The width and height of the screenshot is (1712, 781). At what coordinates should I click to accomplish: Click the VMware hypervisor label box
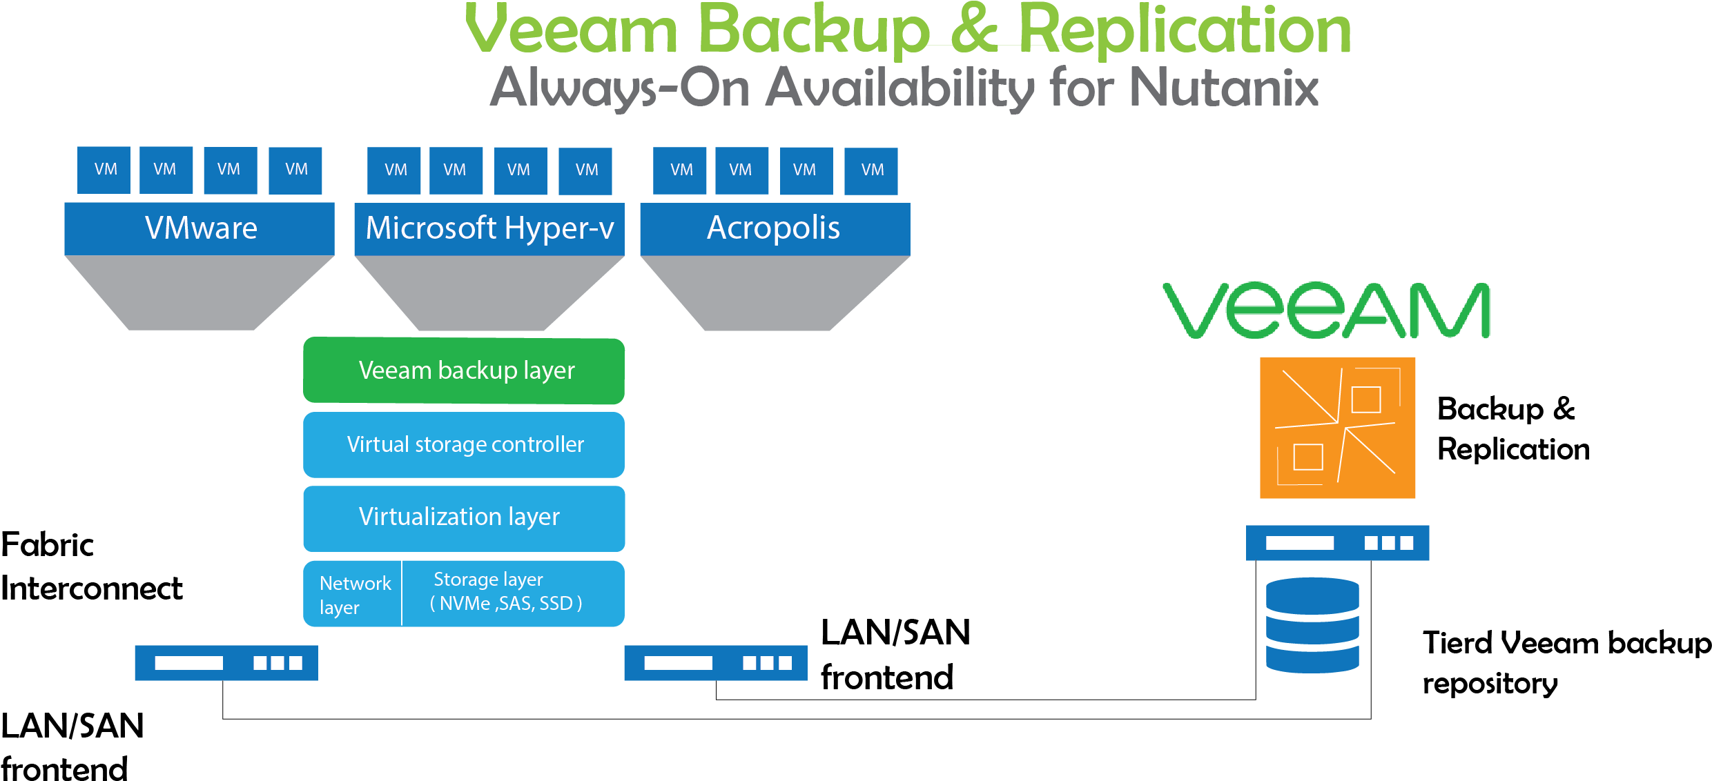point(200,228)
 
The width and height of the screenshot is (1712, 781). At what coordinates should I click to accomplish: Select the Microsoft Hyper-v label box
point(489,228)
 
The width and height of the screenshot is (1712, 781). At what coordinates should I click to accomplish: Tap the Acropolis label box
point(775,228)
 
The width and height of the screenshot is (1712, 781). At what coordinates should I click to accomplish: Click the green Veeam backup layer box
point(464,370)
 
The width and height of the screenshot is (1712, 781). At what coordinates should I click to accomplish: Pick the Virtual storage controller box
point(464,444)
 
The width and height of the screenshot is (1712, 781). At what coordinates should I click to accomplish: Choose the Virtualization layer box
point(464,518)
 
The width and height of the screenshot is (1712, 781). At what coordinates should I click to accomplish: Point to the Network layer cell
point(353,594)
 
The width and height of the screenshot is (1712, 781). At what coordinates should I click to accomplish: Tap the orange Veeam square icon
point(1337,428)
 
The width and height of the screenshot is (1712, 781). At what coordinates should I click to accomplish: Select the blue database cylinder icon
point(1312,625)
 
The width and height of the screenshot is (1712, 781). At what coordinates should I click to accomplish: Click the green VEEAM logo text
point(1326,311)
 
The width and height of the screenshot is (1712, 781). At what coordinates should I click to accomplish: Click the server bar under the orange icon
point(1337,543)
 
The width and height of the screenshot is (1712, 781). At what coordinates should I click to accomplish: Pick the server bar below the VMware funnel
point(226,663)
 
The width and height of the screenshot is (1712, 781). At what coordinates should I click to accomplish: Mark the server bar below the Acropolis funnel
point(715,663)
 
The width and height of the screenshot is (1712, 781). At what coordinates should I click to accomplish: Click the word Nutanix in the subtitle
point(1223,88)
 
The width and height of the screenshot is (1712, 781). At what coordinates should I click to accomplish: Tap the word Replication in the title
point(1185,30)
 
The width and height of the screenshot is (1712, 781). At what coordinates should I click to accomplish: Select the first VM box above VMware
point(104,170)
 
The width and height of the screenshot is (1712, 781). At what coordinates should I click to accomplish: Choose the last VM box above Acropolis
point(871,170)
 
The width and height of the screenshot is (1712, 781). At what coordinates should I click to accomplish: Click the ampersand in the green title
point(974,30)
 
